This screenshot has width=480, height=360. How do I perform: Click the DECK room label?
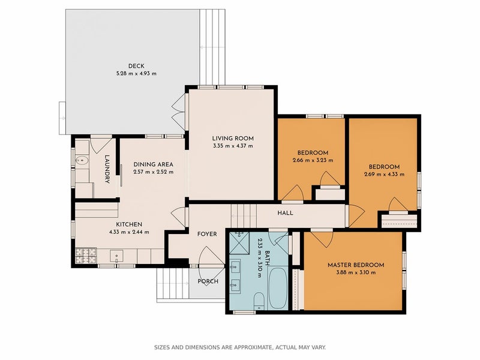click(x=136, y=66)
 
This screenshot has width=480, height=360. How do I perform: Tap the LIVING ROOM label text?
click(x=233, y=139)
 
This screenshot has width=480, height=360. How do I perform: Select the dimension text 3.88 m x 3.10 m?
click(x=356, y=272)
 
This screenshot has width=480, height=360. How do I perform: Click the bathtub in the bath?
click(x=278, y=288)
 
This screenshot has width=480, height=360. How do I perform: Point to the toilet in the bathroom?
click(x=259, y=301)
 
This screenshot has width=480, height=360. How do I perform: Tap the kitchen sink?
click(x=116, y=256)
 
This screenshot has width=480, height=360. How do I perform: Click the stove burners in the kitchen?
click(x=86, y=256)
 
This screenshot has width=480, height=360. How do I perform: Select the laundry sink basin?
click(x=82, y=160)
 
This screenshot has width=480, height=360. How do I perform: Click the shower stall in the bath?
click(x=239, y=243)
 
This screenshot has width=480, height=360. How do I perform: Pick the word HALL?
click(x=286, y=213)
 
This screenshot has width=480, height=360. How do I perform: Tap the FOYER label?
click(x=207, y=234)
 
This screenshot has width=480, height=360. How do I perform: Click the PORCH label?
click(x=208, y=281)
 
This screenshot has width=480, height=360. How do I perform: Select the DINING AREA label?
click(x=154, y=164)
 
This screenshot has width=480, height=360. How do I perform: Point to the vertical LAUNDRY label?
click(x=107, y=169)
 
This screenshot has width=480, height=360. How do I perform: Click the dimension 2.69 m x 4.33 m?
click(x=384, y=175)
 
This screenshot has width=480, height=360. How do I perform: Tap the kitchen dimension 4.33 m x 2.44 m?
click(x=129, y=232)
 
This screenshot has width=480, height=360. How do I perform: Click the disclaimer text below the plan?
click(x=239, y=347)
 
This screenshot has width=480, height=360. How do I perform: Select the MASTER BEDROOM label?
click(x=356, y=265)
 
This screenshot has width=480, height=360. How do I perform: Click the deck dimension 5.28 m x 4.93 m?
click(x=136, y=73)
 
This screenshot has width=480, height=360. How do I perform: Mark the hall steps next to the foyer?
click(x=244, y=216)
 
